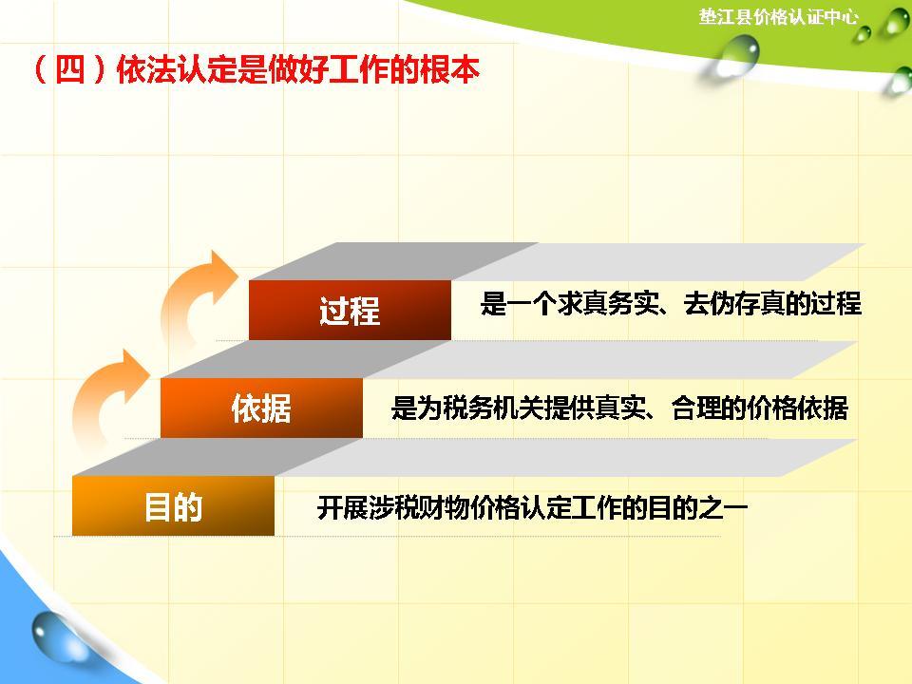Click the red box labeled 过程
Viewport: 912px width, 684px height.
(x=350, y=310)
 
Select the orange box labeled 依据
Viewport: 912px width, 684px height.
(x=261, y=408)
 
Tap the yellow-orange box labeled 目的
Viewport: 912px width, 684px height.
(x=173, y=506)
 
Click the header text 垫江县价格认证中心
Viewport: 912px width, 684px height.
(x=778, y=17)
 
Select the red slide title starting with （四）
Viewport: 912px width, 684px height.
(x=254, y=72)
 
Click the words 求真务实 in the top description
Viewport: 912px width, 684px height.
(x=604, y=304)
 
